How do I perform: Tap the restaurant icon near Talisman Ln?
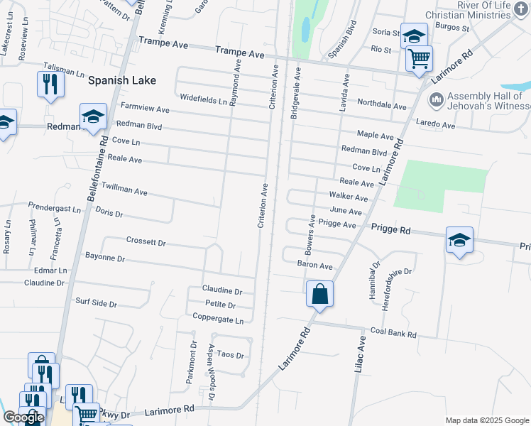(x=50, y=84)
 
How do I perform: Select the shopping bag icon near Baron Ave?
(x=319, y=293)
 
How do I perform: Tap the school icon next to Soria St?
(x=413, y=35)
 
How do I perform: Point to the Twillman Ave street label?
(x=124, y=187)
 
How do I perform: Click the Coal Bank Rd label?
(x=393, y=332)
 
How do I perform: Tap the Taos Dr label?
(x=231, y=354)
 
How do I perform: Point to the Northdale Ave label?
(x=381, y=106)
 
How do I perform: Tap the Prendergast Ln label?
(x=55, y=207)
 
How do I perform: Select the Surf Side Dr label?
(x=96, y=302)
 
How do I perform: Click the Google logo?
(x=23, y=418)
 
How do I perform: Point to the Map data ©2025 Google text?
(x=487, y=420)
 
